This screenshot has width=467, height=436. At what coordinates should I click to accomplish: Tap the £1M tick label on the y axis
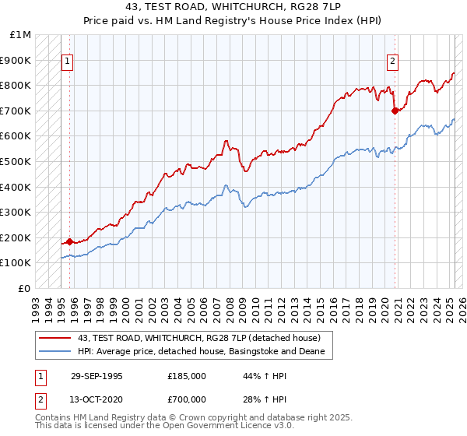pyautogui.click(x=20, y=35)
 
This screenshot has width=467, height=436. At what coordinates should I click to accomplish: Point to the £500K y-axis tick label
pyautogui.click(x=17, y=162)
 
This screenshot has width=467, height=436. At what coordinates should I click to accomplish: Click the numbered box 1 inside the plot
pyautogui.click(x=68, y=62)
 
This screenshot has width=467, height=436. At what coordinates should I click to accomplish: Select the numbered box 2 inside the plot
pyautogui.click(x=393, y=62)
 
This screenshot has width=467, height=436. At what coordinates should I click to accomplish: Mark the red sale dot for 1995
pyautogui.click(x=70, y=241)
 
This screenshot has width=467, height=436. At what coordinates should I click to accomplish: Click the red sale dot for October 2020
pyautogui.click(x=395, y=111)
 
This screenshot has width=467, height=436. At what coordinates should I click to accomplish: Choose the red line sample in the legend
pyautogui.click(x=54, y=338)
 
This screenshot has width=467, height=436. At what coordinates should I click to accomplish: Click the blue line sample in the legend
pyautogui.click(x=54, y=352)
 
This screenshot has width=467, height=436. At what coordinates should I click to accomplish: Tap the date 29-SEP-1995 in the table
pyautogui.click(x=97, y=376)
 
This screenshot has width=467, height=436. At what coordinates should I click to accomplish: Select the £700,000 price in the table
pyautogui.click(x=187, y=399)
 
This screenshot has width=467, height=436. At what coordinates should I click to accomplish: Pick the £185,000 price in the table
pyautogui.click(x=187, y=376)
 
